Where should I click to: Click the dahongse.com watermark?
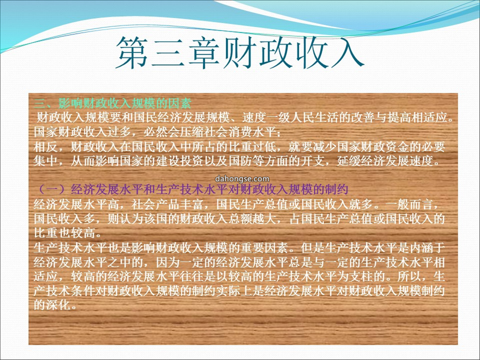click(x=242, y=179)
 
